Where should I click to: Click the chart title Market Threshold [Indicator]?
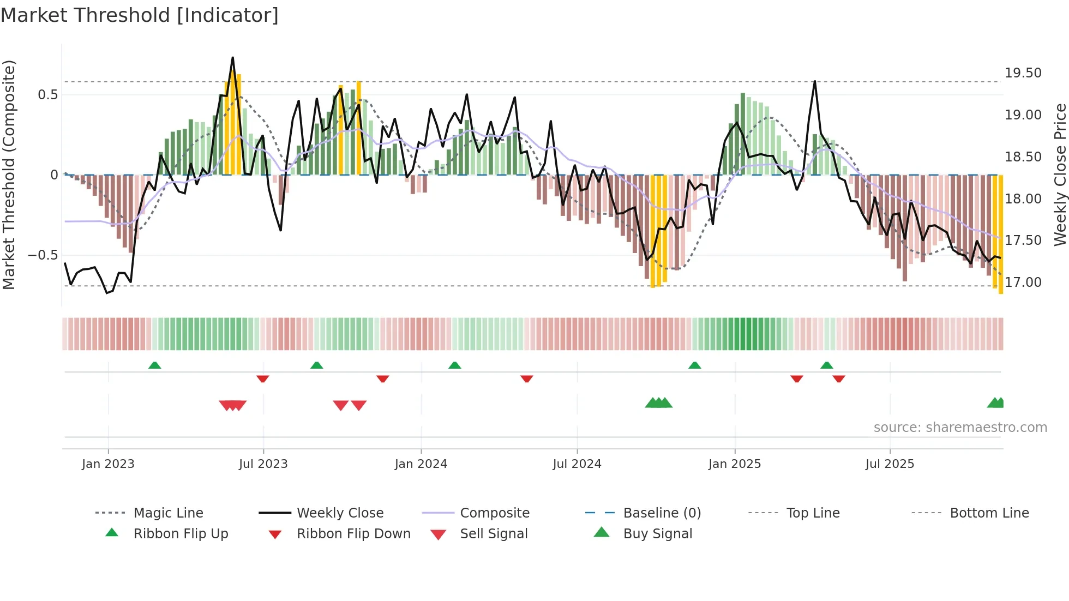click(x=140, y=15)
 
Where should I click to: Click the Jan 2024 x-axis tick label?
click(x=421, y=464)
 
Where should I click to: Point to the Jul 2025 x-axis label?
click(x=890, y=464)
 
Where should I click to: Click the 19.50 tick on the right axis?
click(x=1023, y=73)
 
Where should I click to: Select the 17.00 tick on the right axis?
click(x=1023, y=282)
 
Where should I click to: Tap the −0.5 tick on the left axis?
click(x=43, y=255)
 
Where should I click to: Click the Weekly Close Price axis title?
click(x=1060, y=175)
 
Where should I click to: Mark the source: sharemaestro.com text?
click(x=960, y=427)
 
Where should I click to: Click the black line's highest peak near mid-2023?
click(x=233, y=57)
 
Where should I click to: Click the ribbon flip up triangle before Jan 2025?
click(x=694, y=365)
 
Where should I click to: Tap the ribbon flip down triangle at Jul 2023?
click(x=263, y=378)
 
